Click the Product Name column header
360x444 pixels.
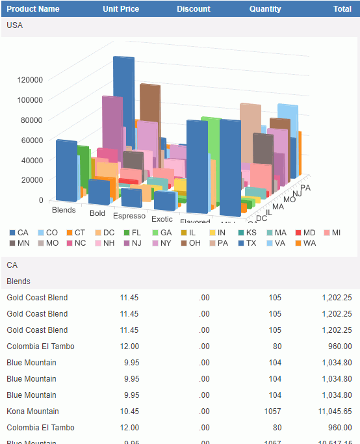pyautogui.click(x=33, y=9)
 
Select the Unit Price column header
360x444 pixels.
pyautogui.click(x=121, y=9)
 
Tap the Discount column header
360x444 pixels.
pyautogui.click(x=194, y=9)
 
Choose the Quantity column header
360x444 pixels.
pyautogui.click(x=265, y=9)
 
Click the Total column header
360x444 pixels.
pyautogui.click(x=342, y=9)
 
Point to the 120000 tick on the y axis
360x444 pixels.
pyautogui.click(x=30, y=80)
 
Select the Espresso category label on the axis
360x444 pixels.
pyautogui.click(x=129, y=216)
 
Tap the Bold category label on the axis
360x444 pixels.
pyautogui.click(x=97, y=213)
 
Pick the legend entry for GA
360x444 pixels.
pyautogui.click(x=161, y=232)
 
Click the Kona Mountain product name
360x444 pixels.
pyautogui.click(x=32, y=411)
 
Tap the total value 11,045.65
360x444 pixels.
pyautogui.click(x=336, y=411)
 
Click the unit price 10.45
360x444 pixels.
pyautogui.click(x=129, y=411)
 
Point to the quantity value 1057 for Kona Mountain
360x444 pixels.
pyautogui.click(x=272, y=411)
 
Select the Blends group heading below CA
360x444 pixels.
pyautogui.click(x=18, y=281)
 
